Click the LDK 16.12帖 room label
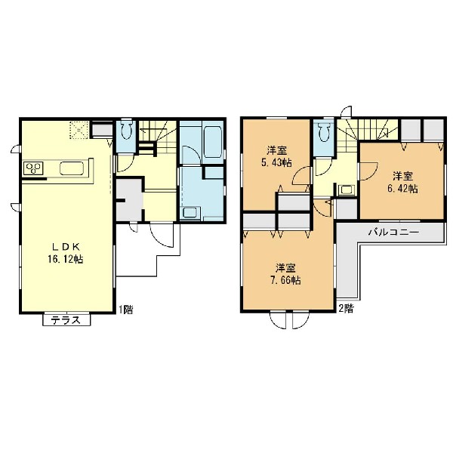click(66, 254)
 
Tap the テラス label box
click(66, 320)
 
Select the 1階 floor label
click(126, 310)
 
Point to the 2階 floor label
click(346, 309)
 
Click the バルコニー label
click(393, 232)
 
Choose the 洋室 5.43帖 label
click(276, 156)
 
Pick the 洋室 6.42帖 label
click(402, 182)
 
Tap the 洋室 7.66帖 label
click(285, 273)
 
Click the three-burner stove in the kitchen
click(33, 168)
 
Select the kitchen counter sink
click(72, 168)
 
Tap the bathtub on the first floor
click(212, 143)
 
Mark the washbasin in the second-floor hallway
click(346, 190)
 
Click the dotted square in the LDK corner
click(79, 131)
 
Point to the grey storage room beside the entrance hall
click(129, 200)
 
